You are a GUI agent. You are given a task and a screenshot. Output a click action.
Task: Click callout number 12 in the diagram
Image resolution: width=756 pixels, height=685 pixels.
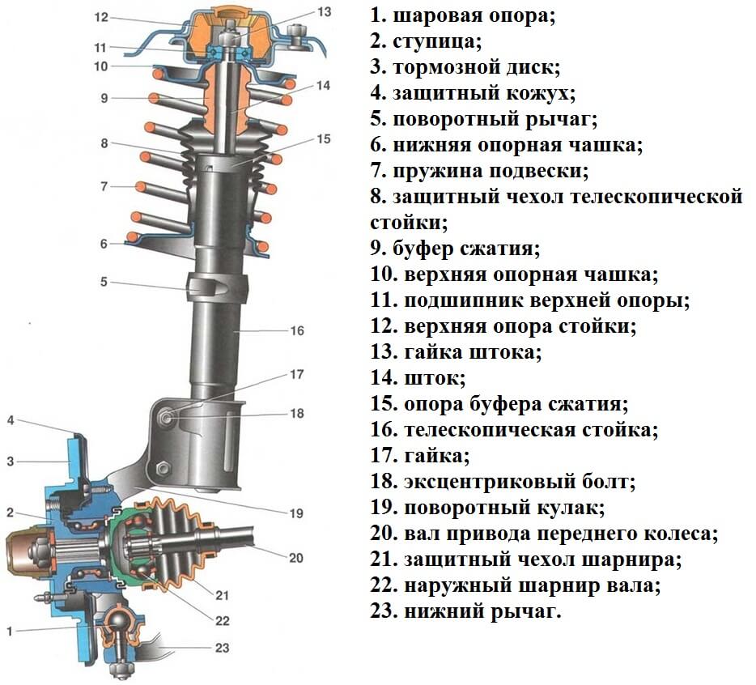(101, 17)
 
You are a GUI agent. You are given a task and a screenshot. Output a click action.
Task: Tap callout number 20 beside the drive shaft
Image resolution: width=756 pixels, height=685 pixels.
(295, 558)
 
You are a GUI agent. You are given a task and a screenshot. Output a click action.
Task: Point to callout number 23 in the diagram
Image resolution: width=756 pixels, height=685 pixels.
(222, 648)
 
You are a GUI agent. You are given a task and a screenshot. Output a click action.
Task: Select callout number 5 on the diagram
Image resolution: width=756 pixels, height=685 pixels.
(104, 281)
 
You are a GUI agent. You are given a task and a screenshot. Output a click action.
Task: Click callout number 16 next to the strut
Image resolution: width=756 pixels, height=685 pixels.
(297, 330)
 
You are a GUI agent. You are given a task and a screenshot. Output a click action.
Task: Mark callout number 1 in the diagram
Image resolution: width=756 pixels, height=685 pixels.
(9, 631)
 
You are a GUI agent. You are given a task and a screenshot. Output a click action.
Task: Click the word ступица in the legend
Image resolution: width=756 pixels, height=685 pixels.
(437, 41)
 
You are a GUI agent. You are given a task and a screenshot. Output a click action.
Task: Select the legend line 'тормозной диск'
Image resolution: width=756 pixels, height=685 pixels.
(465, 67)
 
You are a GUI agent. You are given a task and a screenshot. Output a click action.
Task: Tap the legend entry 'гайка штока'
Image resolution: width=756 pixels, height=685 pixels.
(456, 352)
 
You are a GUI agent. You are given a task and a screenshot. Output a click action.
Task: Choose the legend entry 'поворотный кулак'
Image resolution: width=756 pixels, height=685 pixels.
(487, 508)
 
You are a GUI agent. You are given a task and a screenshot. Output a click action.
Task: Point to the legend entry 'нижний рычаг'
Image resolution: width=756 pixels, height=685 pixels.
(465, 611)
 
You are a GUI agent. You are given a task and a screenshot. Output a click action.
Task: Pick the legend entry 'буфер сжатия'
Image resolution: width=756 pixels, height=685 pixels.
(455, 249)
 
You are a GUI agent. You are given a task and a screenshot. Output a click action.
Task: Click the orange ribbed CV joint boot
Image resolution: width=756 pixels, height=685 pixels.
(181, 543)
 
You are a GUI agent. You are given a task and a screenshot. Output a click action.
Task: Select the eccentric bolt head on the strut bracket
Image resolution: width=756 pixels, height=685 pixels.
(167, 415)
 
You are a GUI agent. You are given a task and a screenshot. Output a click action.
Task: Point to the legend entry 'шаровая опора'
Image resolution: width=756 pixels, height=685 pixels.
(463, 15)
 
